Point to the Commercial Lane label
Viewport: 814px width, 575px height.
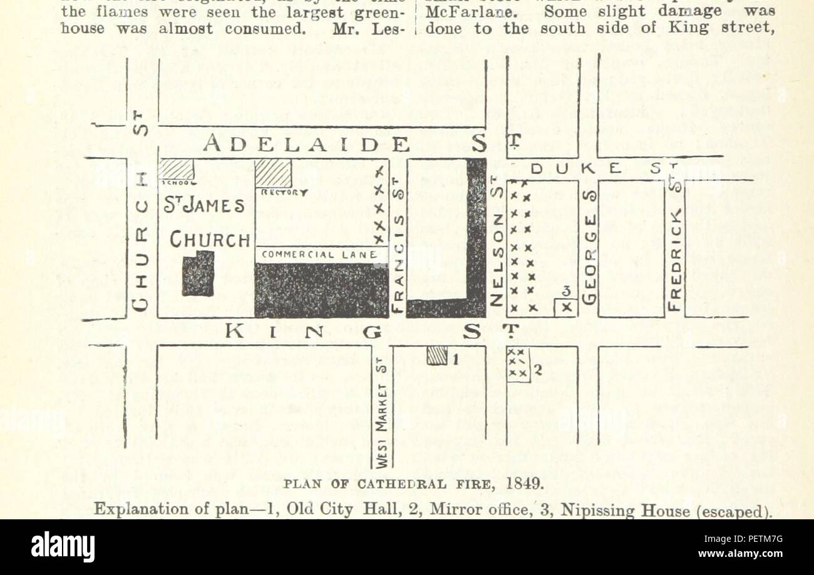319,255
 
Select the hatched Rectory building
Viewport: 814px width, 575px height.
273,173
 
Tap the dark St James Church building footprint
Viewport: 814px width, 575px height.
198,273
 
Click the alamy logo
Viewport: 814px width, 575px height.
63,547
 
